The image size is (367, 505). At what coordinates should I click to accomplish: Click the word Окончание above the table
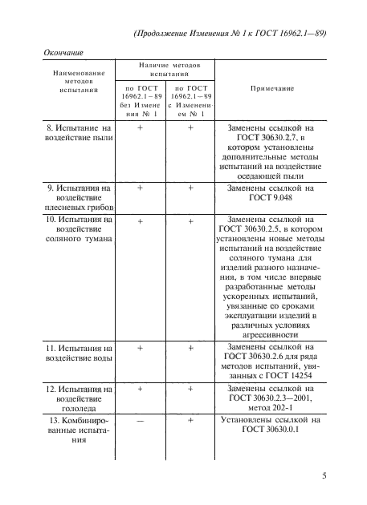(x=63, y=53)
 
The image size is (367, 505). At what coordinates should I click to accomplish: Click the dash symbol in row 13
(x=141, y=420)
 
